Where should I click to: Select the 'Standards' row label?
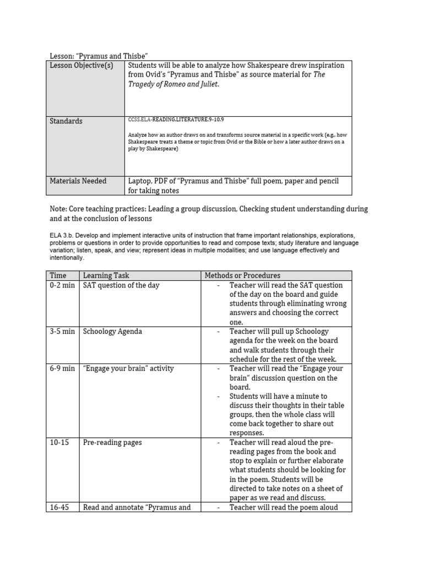[66, 121]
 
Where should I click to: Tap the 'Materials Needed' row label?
[78, 181]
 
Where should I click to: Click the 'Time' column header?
[58, 275]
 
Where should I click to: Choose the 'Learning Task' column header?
[106, 275]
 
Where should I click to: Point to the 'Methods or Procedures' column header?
[242, 275]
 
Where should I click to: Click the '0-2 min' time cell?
[62, 285]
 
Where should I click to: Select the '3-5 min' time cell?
[62, 332]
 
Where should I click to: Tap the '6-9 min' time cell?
[62, 368]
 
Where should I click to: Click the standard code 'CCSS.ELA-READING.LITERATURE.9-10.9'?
[176, 120]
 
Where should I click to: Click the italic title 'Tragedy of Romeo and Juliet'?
[169, 84]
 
